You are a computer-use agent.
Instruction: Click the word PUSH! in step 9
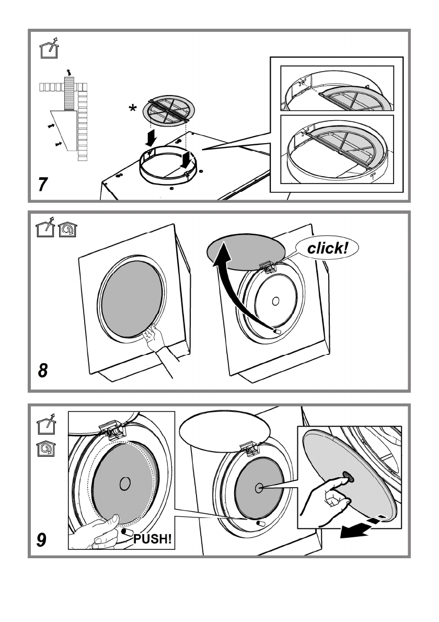click(153, 539)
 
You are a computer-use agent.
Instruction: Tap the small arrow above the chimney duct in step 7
click(66, 71)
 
